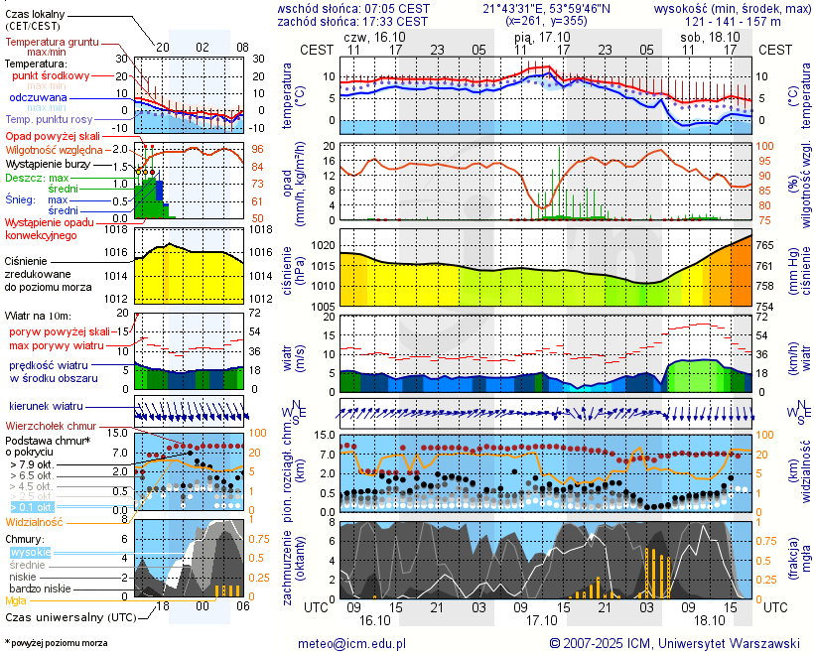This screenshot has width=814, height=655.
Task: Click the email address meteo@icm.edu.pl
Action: (x=351, y=644)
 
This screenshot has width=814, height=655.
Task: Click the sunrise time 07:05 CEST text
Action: (x=398, y=8)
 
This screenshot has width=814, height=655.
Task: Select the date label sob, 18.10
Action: (x=703, y=36)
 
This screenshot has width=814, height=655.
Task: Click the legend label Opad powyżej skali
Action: (x=53, y=136)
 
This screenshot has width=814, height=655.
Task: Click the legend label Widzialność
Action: (x=35, y=521)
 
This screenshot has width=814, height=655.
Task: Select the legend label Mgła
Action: (x=16, y=600)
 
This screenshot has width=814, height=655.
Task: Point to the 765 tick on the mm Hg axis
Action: (x=766, y=244)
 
